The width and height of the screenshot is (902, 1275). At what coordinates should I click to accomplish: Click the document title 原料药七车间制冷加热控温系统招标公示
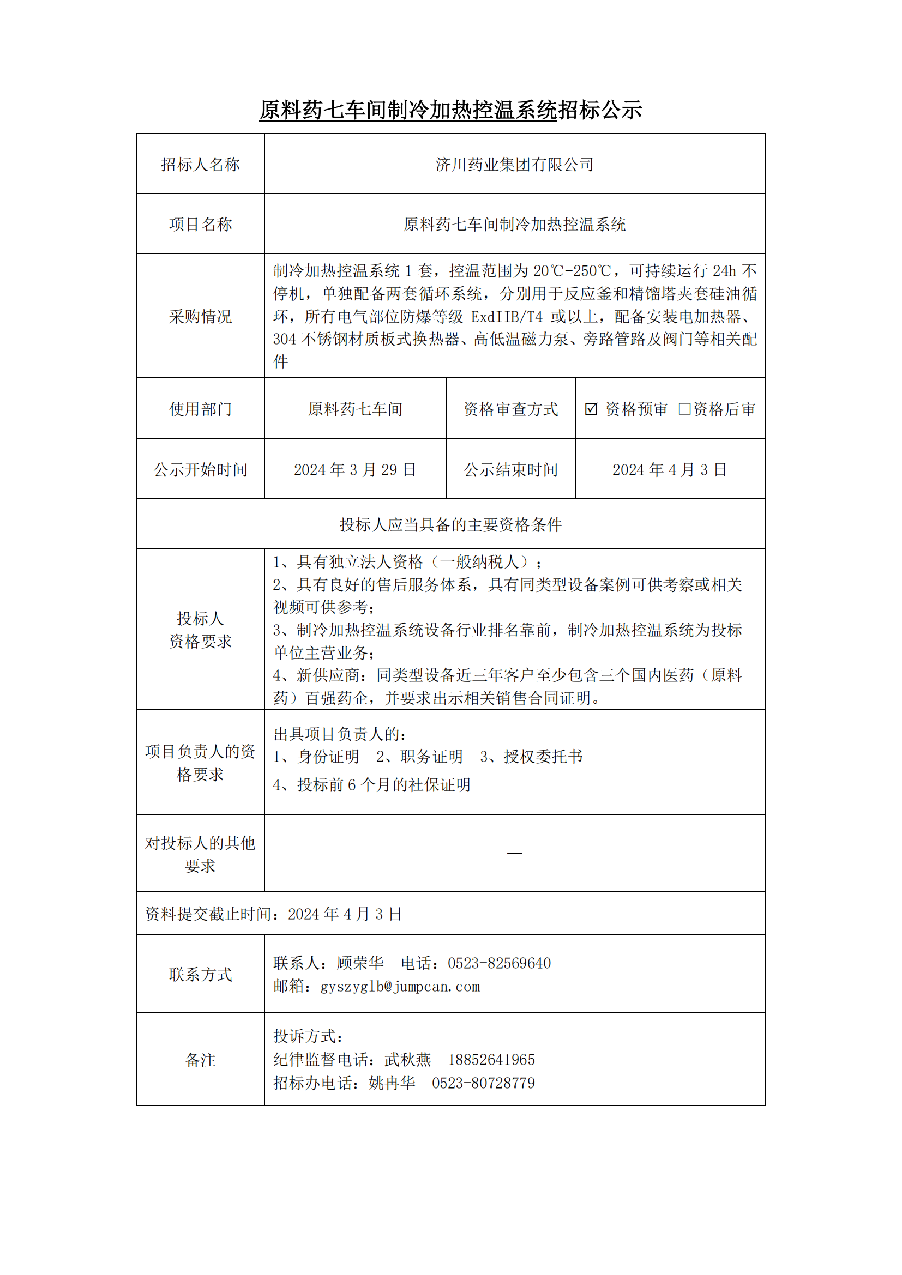click(x=450, y=110)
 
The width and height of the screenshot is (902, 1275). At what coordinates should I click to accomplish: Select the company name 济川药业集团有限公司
click(x=514, y=165)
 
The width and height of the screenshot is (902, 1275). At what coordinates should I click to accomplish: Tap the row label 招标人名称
click(x=200, y=165)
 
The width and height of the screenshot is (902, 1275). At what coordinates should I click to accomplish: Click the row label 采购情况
click(x=200, y=317)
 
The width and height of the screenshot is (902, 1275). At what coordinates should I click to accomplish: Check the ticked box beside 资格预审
click(x=591, y=409)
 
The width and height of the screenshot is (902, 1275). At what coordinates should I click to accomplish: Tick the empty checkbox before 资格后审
click(x=684, y=409)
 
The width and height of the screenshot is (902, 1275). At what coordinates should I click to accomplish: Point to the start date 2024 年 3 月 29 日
click(x=354, y=470)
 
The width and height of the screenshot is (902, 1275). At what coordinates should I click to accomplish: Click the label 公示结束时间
click(x=510, y=470)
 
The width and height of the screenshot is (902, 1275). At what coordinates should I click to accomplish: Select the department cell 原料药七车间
click(x=355, y=409)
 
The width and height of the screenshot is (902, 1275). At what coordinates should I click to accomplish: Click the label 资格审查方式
click(x=510, y=409)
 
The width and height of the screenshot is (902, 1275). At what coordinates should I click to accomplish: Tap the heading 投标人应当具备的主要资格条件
click(x=450, y=525)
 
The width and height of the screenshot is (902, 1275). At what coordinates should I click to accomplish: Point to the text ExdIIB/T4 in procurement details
click(x=507, y=317)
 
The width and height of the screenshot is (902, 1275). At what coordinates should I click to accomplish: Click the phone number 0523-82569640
click(x=500, y=963)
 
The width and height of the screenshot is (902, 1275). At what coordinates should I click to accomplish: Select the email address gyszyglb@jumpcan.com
click(x=400, y=986)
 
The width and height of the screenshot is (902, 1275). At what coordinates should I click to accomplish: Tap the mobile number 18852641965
click(x=491, y=1060)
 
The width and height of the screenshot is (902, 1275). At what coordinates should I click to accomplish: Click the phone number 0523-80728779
click(x=483, y=1083)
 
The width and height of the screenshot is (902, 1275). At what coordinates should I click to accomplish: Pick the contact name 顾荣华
click(x=360, y=963)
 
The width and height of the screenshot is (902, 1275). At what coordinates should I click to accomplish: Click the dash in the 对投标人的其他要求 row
click(x=514, y=853)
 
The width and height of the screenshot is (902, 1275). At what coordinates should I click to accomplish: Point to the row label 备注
click(x=200, y=1060)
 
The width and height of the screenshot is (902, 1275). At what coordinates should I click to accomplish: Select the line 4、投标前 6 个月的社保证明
click(x=371, y=784)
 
